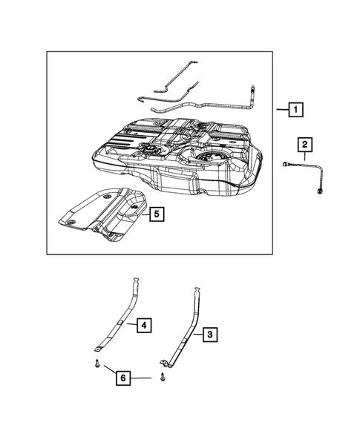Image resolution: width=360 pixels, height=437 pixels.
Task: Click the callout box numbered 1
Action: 295,110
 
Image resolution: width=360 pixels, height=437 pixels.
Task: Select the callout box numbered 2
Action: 304,144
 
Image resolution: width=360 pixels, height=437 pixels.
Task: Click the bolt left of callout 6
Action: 96,364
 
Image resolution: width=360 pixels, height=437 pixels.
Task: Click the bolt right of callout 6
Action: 163,378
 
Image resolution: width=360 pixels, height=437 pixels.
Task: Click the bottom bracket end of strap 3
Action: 164,364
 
